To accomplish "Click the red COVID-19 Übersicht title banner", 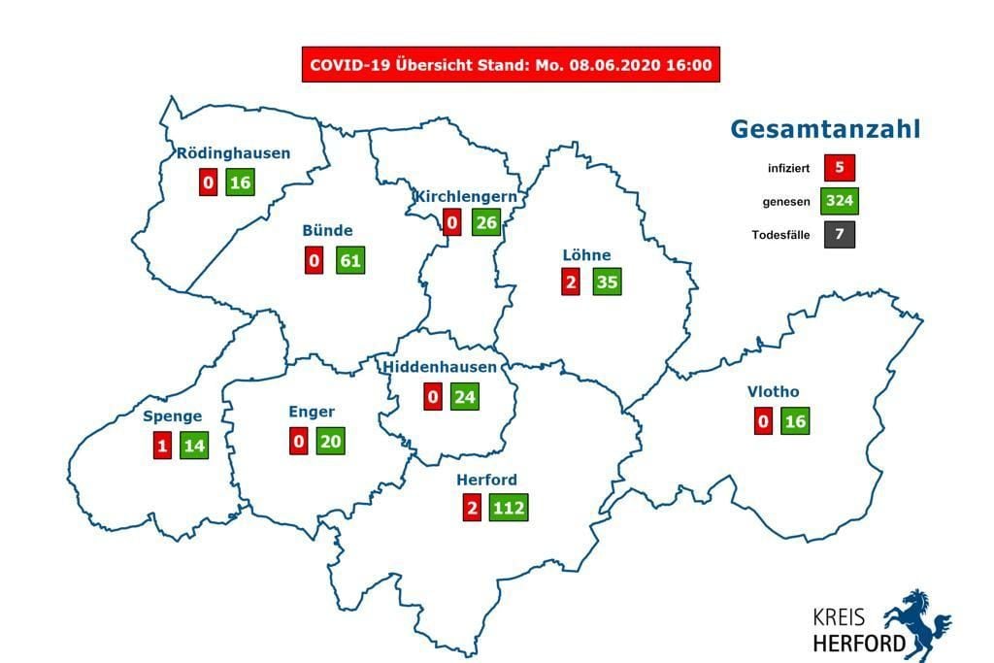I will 511,65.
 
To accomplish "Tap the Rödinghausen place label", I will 233,153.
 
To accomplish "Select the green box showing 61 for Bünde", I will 349,260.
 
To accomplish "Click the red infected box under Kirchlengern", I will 451,223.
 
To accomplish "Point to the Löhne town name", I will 586,255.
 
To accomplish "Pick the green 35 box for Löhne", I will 607,282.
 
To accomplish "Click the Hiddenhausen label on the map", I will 440,367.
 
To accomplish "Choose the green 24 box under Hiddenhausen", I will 464,396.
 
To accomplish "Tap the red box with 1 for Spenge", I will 161,446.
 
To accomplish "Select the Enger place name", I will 311,412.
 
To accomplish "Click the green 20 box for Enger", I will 330,441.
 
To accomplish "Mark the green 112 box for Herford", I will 508,508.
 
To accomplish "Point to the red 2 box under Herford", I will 472,508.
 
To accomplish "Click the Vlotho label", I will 773,392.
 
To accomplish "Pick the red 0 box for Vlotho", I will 763,421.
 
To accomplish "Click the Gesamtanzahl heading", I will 824,130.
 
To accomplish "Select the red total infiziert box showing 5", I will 838,168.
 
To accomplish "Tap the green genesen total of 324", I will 838,201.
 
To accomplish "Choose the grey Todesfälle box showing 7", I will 838,234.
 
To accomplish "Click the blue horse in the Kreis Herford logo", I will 918,622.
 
